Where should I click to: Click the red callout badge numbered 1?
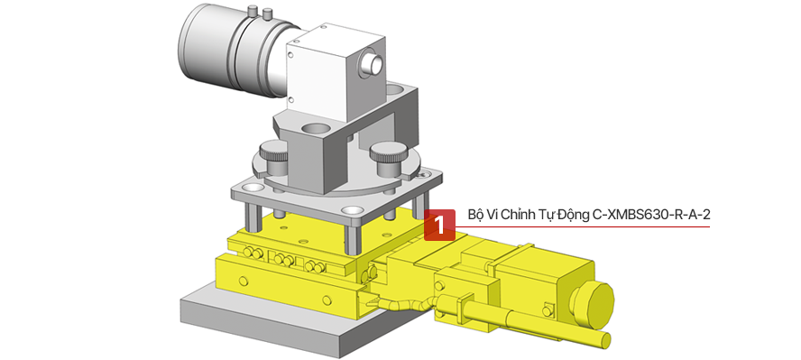point(439,225)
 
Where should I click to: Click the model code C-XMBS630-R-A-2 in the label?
point(651,215)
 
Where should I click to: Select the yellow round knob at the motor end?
point(592,305)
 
